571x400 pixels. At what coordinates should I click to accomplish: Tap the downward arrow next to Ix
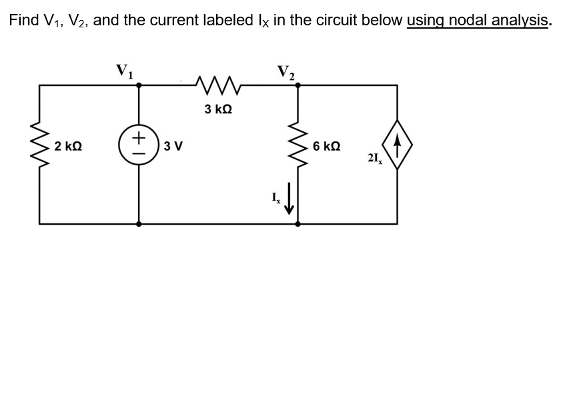pyautogui.click(x=289, y=200)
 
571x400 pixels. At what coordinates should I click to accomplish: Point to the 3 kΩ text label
pyautogui.click(x=217, y=109)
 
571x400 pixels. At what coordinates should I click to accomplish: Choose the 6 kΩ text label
pyautogui.click(x=326, y=146)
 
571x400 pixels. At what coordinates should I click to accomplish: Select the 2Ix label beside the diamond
pyautogui.click(x=374, y=158)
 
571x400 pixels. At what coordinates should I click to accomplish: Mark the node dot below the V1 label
pyautogui.click(x=139, y=85)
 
